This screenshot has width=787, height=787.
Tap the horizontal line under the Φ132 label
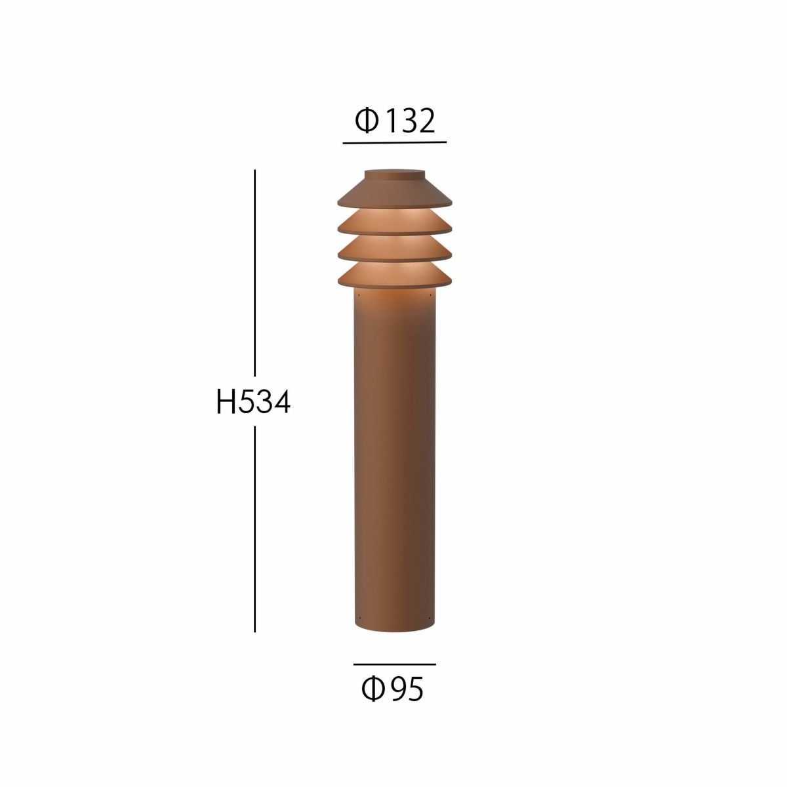click(394, 142)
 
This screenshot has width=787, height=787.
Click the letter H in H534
click(226, 403)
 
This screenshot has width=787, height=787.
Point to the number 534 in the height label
click(264, 403)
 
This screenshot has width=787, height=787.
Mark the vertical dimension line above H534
click(254, 275)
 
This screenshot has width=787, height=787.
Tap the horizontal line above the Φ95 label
click(394, 664)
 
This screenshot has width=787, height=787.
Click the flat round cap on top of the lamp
click(394, 174)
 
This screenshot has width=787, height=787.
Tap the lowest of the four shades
click(394, 276)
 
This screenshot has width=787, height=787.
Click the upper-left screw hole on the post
click(359, 302)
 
